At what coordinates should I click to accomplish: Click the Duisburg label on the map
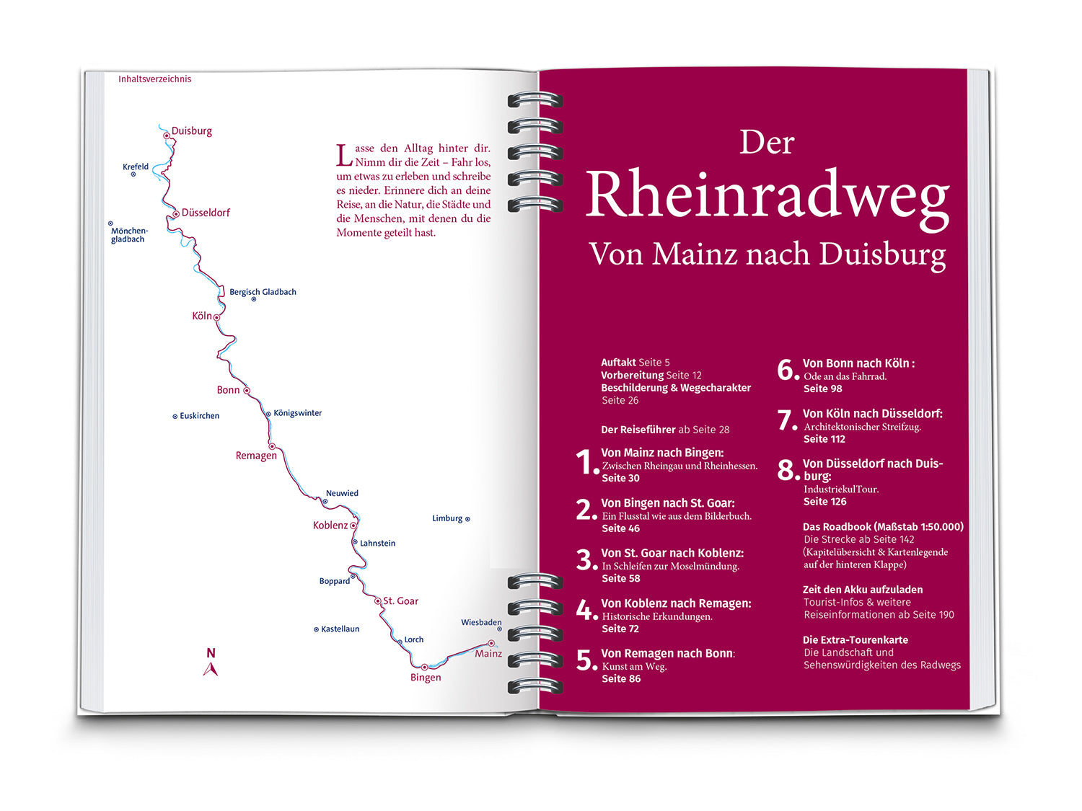191,131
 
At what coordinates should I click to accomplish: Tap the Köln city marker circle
216,317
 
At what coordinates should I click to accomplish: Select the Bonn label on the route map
228,390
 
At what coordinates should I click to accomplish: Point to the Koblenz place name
330,526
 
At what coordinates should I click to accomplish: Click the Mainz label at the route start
488,654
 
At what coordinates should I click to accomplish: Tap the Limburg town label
447,518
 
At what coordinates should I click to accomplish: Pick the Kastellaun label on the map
340,629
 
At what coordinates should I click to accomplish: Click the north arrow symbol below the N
211,670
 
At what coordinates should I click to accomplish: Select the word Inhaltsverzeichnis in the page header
155,79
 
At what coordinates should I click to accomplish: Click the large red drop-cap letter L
344,155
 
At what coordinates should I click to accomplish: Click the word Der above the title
767,143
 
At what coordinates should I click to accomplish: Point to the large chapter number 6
786,371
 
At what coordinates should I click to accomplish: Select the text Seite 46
620,528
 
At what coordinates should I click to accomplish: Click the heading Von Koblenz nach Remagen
676,603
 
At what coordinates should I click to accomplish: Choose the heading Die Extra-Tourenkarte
855,640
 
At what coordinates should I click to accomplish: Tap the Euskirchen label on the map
199,416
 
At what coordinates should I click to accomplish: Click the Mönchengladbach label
129,235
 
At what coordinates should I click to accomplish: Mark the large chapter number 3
585,560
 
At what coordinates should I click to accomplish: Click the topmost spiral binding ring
535,99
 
